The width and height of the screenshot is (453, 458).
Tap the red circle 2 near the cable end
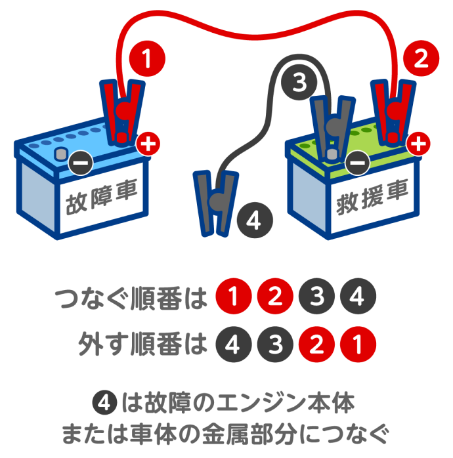[421, 60]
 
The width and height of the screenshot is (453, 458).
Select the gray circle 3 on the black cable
[299, 83]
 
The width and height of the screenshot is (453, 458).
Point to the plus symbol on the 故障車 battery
[149, 144]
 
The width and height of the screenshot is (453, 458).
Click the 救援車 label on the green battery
[372, 196]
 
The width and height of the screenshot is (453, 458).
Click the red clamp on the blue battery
[122, 112]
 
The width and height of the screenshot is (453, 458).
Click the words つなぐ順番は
[131, 298]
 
